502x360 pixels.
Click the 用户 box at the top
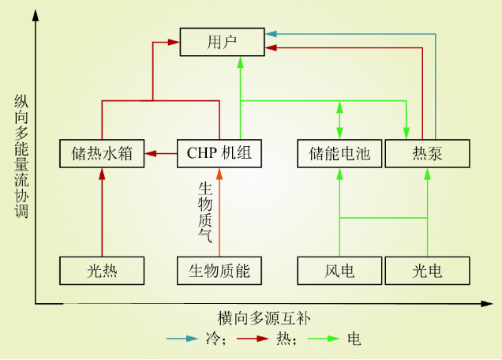(x=221, y=41)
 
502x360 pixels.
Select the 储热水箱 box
(x=103, y=153)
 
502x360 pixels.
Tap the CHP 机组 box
(x=219, y=153)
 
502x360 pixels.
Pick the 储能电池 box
(x=339, y=153)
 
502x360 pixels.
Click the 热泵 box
(x=427, y=153)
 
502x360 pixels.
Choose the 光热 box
(x=103, y=271)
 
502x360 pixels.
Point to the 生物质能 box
(x=219, y=271)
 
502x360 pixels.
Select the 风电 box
(x=339, y=271)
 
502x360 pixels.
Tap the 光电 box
(x=427, y=271)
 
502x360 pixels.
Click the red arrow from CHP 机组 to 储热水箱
(x=162, y=153)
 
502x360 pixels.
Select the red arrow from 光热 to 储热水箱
(x=103, y=213)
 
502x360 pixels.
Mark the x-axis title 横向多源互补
(x=260, y=317)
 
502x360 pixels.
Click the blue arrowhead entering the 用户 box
(x=270, y=35)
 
